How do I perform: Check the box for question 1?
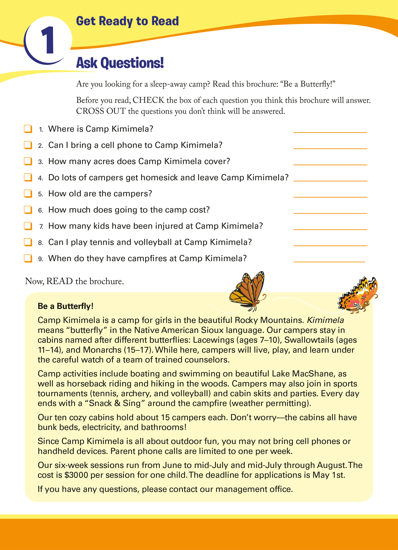(28, 129)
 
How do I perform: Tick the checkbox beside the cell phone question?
(28, 145)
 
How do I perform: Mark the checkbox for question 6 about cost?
(28, 210)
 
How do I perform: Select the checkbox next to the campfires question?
(28, 258)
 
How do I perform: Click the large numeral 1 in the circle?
(48, 40)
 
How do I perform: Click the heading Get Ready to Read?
(127, 21)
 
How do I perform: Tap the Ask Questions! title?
(120, 63)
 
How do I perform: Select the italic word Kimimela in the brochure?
(325, 320)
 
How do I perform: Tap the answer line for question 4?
(330, 180)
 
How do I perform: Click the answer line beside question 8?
(330, 245)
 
